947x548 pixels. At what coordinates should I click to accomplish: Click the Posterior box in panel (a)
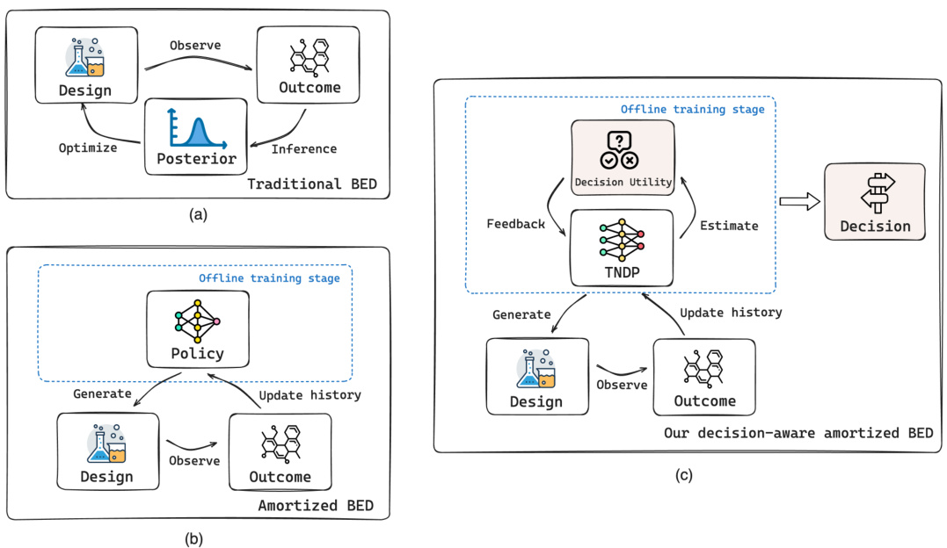pyautogui.click(x=196, y=136)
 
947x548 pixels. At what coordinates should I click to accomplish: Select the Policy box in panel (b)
pyautogui.click(x=197, y=328)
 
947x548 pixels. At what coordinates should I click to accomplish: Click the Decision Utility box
pyautogui.click(x=623, y=156)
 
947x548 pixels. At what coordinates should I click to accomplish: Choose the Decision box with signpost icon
pyautogui.click(x=874, y=202)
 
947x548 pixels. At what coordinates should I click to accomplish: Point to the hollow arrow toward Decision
pyautogui.click(x=798, y=202)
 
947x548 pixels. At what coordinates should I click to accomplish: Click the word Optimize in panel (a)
pyautogui.click(x=87, y=148)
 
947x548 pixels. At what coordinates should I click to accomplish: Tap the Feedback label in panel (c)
pyautogui.click(x=515, y=224)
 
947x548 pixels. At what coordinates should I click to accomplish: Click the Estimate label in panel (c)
pyautogui.click(x=729, y=225)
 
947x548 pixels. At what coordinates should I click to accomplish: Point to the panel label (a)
pyautogui.click(x=197, y=213)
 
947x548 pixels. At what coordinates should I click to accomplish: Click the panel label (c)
pyautogui.click(x=682, y=475)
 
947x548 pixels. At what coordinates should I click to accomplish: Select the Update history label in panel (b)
pyautogui.click(x=310, y=394)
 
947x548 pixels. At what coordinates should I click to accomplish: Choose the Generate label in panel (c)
pyautogui.click(x=521, y=314)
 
